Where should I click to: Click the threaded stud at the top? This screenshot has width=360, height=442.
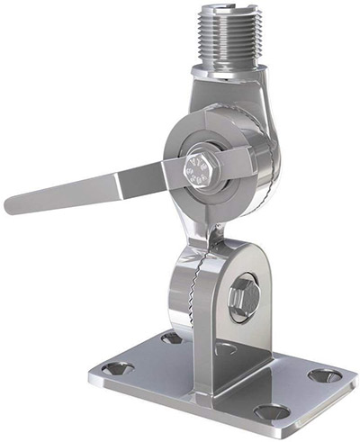tap(228, 41)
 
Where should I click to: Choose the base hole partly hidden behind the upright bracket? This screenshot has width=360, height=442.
tap(226, 347)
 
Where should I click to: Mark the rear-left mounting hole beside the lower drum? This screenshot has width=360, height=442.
tap(171, 338)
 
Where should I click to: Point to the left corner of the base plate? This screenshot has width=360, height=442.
tap(93, 374)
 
